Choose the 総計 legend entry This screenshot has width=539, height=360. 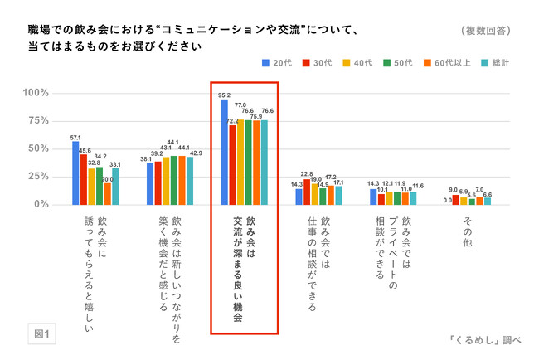pos(497,61)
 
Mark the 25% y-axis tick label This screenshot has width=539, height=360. pos(37,176)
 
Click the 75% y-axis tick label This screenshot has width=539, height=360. pos(37,120)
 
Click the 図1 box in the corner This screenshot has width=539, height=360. pos(41,334)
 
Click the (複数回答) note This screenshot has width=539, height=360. pos(485,30)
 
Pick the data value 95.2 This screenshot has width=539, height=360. pos(224,95)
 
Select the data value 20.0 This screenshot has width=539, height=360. pos(107,179)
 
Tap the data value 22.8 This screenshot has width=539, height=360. pos(307,174)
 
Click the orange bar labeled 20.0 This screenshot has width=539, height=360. pos(108,193)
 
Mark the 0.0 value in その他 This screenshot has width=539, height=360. pos(447,200)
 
